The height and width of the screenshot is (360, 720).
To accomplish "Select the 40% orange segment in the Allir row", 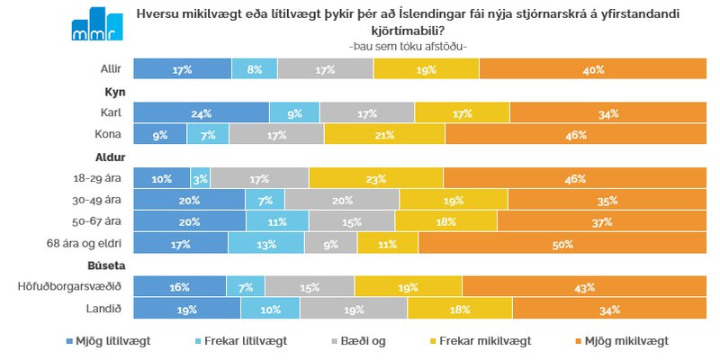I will coord(592,68).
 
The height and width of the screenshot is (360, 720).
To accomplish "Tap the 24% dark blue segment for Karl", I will coord(201,112).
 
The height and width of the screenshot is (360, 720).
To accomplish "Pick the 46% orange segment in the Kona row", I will coord(575,134).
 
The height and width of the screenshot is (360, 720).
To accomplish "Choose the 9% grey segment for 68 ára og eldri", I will coord(330,243).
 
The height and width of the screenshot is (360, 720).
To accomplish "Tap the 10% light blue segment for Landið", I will coord(270,309).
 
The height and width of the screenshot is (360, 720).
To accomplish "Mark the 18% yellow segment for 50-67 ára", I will coord(445,221).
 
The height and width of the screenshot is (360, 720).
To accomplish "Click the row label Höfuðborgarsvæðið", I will coord(70,287).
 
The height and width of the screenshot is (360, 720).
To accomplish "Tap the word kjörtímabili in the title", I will coord(408,31).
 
